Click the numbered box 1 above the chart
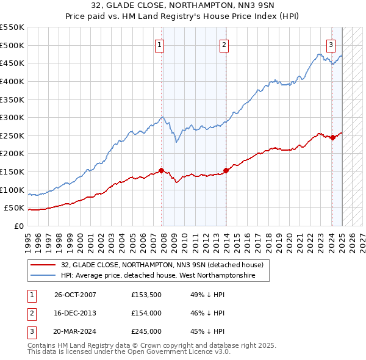pyautogui.click(x=159, y=45)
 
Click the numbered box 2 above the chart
pyautogui.click(x=224, y=45)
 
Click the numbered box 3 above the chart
pyautogui.click(x=330, y=45)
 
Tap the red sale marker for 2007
pyautogui.click(x=161, y=170)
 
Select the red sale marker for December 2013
pyautogui.click(x=226, y=170)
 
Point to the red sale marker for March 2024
pyautogui.click(x=332, y=137)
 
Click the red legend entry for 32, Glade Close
pyautogui.click(x=162, y=265)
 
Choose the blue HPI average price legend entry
pyautogui.click(x=165, y=276)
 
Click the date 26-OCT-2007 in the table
pyautogui.click(x=75, y=295)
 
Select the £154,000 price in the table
pyautogui.click(x=146, y=313)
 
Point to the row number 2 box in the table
pyautogui.click(x=30, y=313)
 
